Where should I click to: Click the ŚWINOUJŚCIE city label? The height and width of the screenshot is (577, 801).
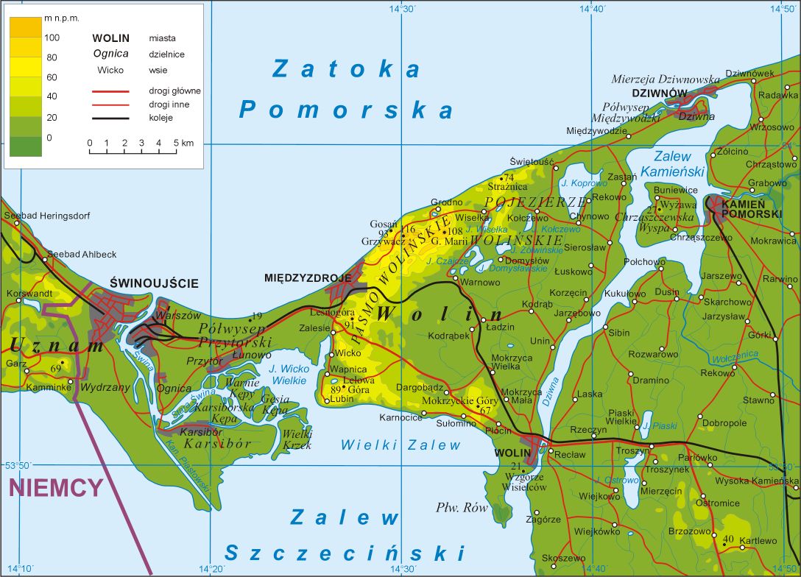(x=154, y=283)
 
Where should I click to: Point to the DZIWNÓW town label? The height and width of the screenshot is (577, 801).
(x=659, y=93)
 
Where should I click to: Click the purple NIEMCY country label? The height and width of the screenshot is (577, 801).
(x=55, y=488)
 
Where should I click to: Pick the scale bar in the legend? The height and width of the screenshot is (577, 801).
(x=133, y=151)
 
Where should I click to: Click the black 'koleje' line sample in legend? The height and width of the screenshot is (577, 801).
(x=110, y=118)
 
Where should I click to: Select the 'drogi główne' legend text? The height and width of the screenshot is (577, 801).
(x=174, y=91)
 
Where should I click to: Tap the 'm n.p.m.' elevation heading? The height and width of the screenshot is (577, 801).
(x=62, y=17)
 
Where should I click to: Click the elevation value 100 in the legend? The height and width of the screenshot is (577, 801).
(x=52, y=37)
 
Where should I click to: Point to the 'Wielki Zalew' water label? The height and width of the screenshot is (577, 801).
(x=400, y=445)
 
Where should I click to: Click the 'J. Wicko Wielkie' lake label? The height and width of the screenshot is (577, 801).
(x=288, y=375)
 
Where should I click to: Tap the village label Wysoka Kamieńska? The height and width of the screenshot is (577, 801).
(x=756, y=481)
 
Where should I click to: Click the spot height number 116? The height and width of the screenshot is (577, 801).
(x=409, y=230)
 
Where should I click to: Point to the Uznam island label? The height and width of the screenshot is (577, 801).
(x=46, y=344)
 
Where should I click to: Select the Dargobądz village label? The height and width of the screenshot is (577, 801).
(x=419, y=386)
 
